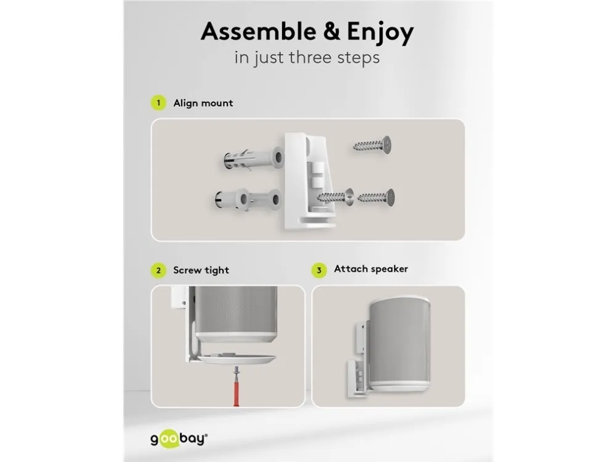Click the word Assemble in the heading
pyautogui.click(x=259, y=31)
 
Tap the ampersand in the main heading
pyautogui.click(x=332, y=31)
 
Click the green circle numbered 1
pyautogui.click(x=158, y=103)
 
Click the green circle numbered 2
pyautogui.click(x=158, y=270)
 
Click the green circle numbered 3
pyautogui.click(x=319, y=270)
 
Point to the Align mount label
pyautogui.click(x=203, y=103)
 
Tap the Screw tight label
pyautogui.click(x=201, y=270)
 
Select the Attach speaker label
pyautogui.click(x=371, y=269)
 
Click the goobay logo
pyautogui.click(x=179, y=439)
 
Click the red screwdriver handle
pyautogui.click(x=237, y=391)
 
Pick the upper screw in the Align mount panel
pyautogui.click(x=372, y=145)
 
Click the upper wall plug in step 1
pyautogui.click(x=253, y=159)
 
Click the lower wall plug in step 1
pyautogui.click(x=248, y=200)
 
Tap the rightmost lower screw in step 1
pyautogui.click(x=376, y=197)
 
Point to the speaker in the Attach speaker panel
pyautogui.click(x=400, y=345)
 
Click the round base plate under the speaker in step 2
pyautogui.click(x=237, y=359)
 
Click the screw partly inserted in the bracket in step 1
pyautogui.click(x=335, y=197)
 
